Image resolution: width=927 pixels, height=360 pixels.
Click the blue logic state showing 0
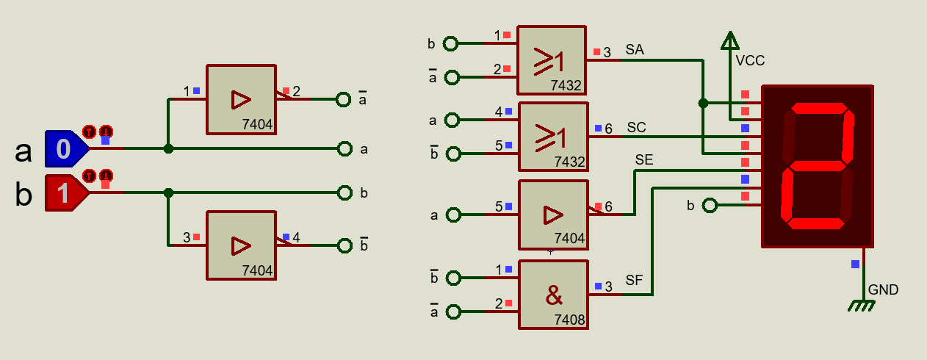coord(64,149)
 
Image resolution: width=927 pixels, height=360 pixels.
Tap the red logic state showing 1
coord(64,193)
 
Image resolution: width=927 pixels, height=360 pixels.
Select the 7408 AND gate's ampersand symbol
coord(554,295)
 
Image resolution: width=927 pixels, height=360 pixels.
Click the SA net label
coord(635,49)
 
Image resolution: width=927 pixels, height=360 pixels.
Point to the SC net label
coord(636,127)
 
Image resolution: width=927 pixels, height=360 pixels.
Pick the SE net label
coord(643,159)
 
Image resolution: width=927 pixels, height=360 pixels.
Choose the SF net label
coord(635,280)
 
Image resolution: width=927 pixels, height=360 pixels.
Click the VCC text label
coord(750,61)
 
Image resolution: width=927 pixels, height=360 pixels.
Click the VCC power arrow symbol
coord(729,40)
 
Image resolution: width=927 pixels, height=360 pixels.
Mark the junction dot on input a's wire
coord(168,148)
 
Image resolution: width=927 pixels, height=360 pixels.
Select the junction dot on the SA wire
coord(703,103)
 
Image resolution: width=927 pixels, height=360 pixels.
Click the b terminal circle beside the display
coord(709,205)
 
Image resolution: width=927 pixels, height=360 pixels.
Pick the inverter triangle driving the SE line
coord(552,215)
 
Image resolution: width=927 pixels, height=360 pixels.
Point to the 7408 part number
coord(569,320)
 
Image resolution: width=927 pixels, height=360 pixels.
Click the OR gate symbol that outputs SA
coord(549,60)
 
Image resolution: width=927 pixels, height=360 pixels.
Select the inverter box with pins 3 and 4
coord(240,245)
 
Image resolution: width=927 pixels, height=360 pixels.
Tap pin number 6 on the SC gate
coord(608,129)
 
